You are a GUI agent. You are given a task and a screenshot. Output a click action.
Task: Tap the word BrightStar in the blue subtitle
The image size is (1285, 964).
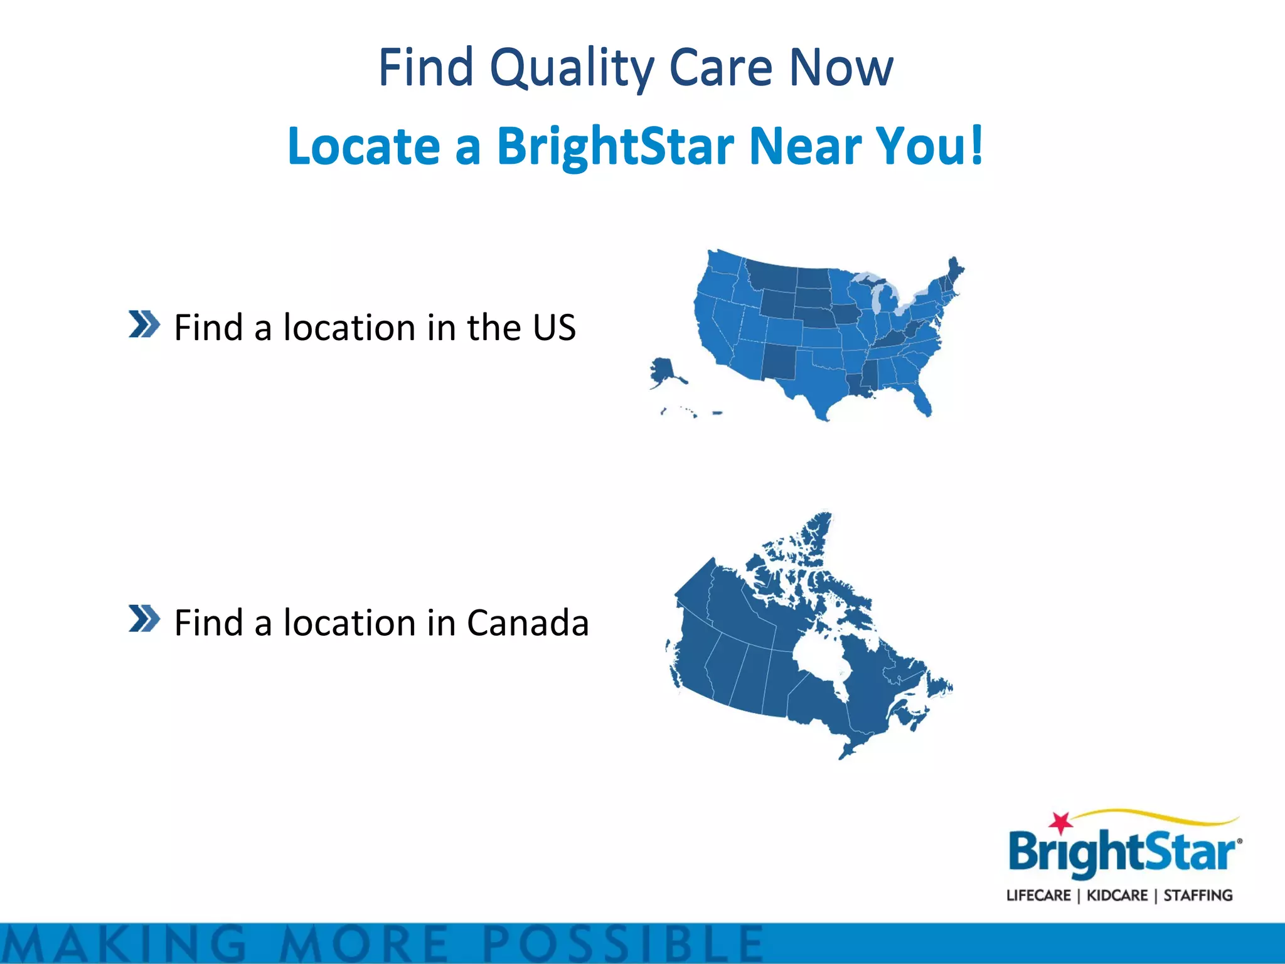(x=615, y=146)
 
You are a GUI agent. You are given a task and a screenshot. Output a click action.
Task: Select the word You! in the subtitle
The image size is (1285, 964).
(x=929, y=146)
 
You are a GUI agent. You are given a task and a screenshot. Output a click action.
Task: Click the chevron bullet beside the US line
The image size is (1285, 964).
(x=144, y=324)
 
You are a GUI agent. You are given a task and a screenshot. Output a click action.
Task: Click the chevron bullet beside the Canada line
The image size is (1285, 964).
(x=144, y=619)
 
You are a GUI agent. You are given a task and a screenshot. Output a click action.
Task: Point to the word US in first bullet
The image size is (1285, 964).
(x=554, y=328)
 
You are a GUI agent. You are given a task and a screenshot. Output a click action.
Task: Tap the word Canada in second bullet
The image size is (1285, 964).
(x=528, y=623)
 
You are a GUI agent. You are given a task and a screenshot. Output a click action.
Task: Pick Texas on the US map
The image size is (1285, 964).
(x=816, y=380)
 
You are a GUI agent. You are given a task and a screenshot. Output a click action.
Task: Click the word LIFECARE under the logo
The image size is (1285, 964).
(x=1038, y=896)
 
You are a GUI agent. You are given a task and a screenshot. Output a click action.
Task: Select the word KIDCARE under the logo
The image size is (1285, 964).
(x=1117, y=896)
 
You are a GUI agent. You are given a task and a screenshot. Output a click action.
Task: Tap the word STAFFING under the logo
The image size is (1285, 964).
(x=1198, y=896)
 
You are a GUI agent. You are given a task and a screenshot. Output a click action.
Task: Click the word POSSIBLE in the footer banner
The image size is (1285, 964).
(x=624, y=944)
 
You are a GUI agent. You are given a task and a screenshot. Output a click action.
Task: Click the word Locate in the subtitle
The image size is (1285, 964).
(x=364, y=146)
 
